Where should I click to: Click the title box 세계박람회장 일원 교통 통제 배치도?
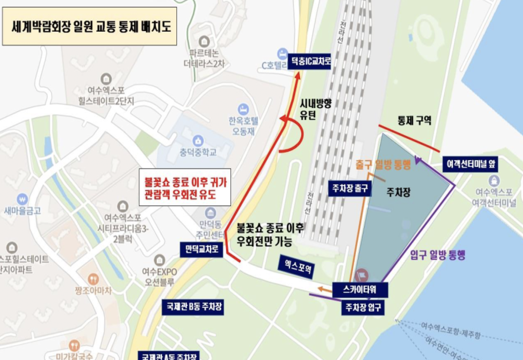pyautogui.click(x=89, y=26)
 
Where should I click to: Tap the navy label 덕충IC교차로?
pyautogui.click(x=309, y=61)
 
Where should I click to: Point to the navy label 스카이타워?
pyautogui.click(x=360, y=290)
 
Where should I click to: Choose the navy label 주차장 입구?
pyautogui.click(x=363, y=307)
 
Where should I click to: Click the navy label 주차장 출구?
pyautogui.click(x=350, y=188)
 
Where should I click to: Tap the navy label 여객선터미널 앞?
pyautogui.click(x=471, y=164)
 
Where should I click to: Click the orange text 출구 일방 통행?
pyautogui.click(x=383, y=164)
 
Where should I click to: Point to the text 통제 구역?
pyautogui.click(x=414, y=120)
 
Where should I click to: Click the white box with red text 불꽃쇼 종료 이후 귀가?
pyautogui.click(x=185, y=187)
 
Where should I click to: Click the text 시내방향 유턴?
pyautogui.click(x=315, y=109)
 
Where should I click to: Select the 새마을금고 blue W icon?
pyautogui.click(x=22, y=199)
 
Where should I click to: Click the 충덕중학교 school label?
pyautogui.click(x=198, y=152)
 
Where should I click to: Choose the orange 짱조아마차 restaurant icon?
pyautogui.click(x=93, y=279)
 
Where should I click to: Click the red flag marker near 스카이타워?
pyautogui.click(x=362, y=275)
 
